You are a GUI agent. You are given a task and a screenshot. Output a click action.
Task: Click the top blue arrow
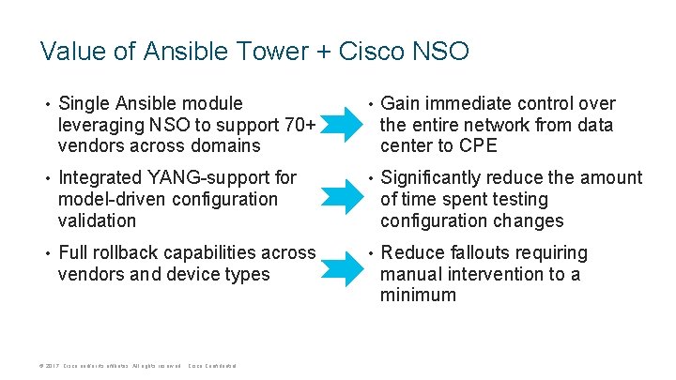pyautogui.click(x=340, y=123)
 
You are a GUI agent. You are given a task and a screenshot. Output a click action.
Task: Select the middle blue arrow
pyautogui.click(x=340, y=198)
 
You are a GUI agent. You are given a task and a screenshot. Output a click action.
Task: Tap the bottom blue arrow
pyautogui.click(x=340, y=272)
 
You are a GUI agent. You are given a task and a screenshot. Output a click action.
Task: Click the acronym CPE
pyautogui.click(x=478, y=146)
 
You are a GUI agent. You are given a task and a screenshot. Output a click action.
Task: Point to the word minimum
pyautogui.click(x=418, y=296)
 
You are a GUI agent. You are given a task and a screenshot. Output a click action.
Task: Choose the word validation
pyautogui.click(x=97, y=221)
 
